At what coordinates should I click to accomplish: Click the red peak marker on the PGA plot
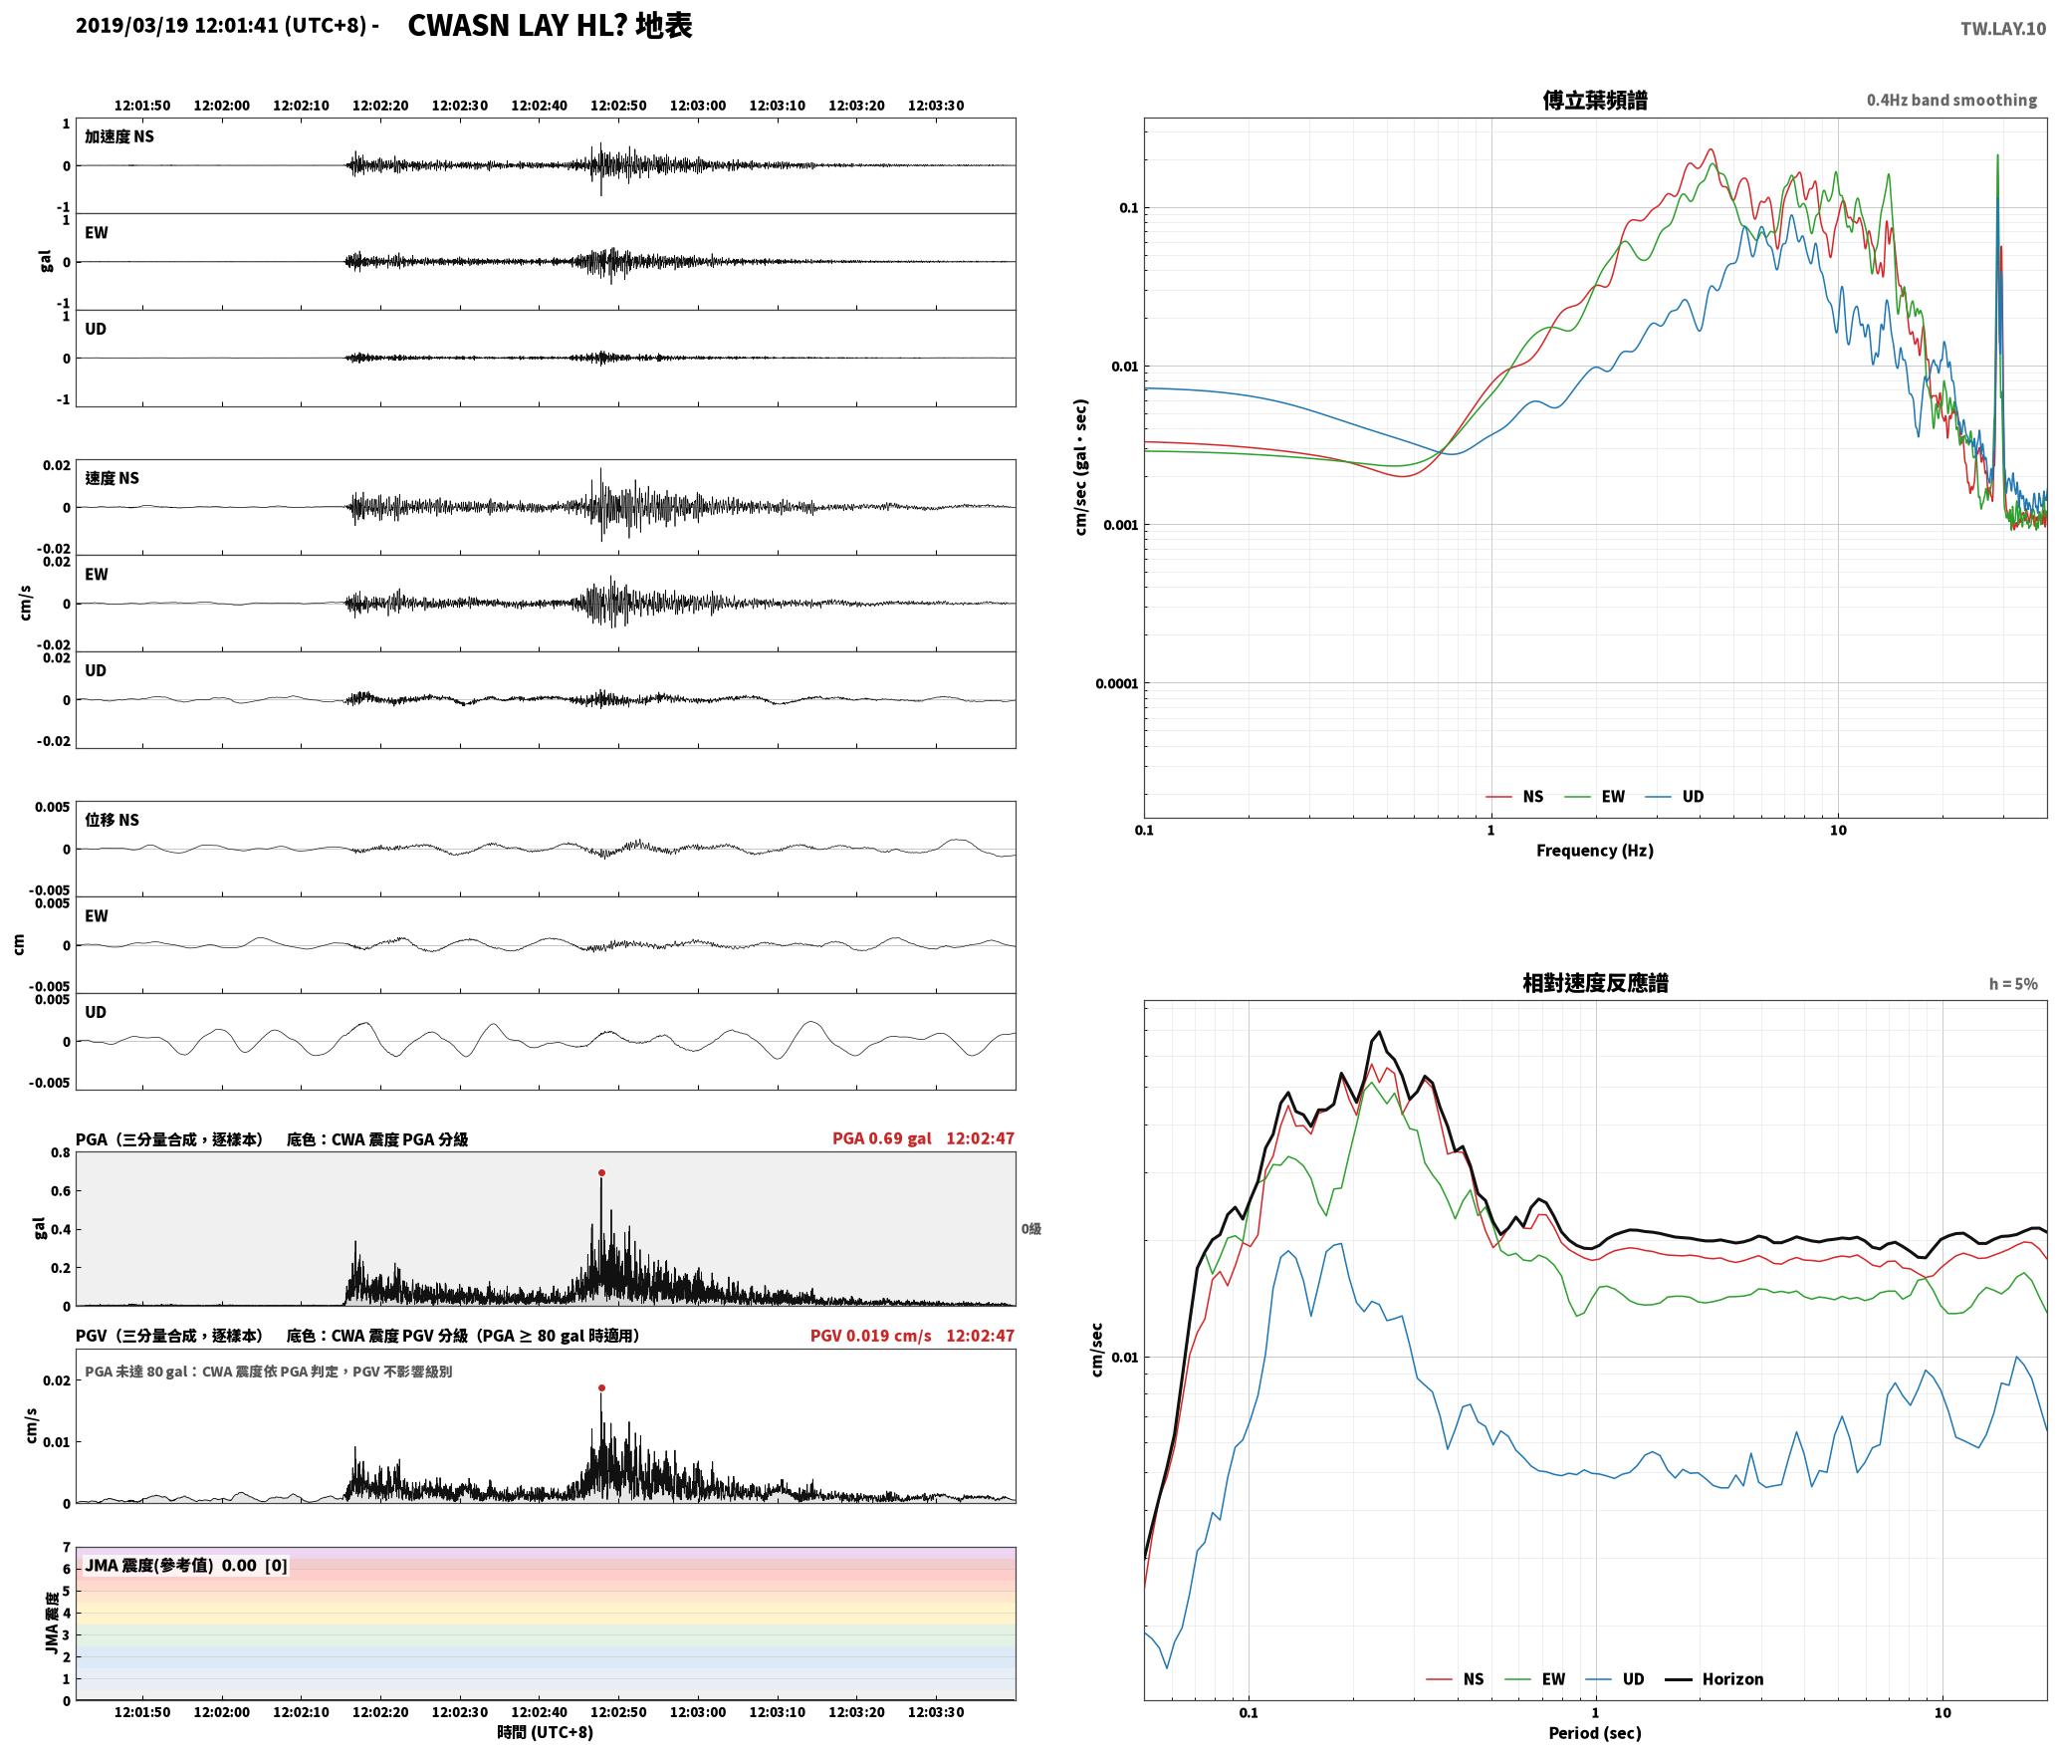point(601,1172)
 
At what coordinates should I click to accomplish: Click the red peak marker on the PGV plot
point(601,1387)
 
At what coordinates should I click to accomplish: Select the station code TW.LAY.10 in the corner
point(2003,29)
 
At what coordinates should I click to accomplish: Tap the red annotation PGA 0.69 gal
point(882,1138)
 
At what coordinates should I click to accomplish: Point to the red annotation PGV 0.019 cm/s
point(871,1336)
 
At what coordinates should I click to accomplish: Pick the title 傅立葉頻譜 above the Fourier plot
point(1595,100)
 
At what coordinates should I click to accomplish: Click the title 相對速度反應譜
point(1595,983)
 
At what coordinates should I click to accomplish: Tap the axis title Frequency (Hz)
point(1595,851)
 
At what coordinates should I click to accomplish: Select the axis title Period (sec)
point(1595,1733)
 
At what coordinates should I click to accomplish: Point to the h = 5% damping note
point(2013,984)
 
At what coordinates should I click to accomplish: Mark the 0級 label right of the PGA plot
point(1031,1229)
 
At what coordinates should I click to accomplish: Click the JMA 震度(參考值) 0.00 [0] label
point(186,1565)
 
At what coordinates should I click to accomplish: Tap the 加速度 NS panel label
point(119,136)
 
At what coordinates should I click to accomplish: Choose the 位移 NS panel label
point(112,820)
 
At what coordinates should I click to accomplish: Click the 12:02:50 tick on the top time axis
point(618,106)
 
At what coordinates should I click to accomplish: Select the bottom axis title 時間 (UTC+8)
point(546,1732)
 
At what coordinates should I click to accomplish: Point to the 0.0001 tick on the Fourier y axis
point(1116,683)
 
